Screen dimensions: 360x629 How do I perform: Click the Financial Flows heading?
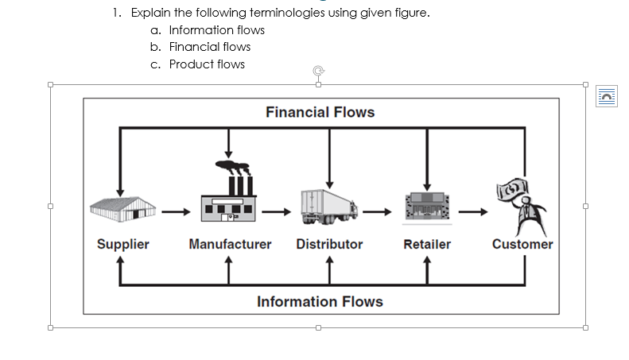[320, 112]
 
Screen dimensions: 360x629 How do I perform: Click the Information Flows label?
[320, 301]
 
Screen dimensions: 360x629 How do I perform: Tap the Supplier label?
[122, 244]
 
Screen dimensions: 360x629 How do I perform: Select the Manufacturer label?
[230, 244]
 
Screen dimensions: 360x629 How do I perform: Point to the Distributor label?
[329, 244]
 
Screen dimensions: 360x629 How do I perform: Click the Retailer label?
[427, 244]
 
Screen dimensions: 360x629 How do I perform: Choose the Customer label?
[522, 244]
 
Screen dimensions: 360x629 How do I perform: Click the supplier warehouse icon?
[120, 208]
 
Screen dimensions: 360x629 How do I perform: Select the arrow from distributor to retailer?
[379, 212]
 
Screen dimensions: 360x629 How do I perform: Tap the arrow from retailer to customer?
[474, 212]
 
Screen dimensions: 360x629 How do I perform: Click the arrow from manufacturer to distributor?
[278, 212]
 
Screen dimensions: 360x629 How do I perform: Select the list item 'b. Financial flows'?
[200, 47]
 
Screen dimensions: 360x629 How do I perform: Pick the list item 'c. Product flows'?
[197, 64]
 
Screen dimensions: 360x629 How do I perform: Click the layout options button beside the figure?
[608, 95]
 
